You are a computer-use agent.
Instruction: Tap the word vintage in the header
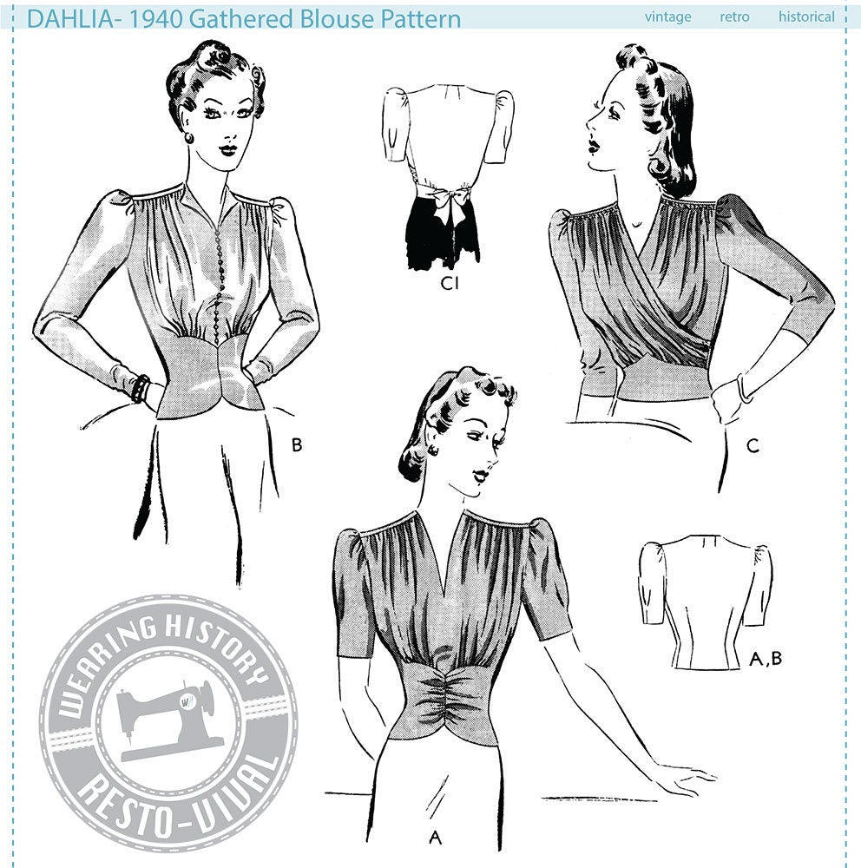point(667,17)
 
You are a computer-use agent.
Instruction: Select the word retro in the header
point(734,17)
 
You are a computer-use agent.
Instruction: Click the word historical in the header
point(806,16)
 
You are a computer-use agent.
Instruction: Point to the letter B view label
point(298,444)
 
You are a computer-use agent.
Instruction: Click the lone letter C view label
point(753,445)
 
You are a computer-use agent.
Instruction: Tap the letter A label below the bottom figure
point(435,838)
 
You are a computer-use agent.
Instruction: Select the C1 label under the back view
point(449,283)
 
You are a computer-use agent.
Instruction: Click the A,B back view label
point(766,658)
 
